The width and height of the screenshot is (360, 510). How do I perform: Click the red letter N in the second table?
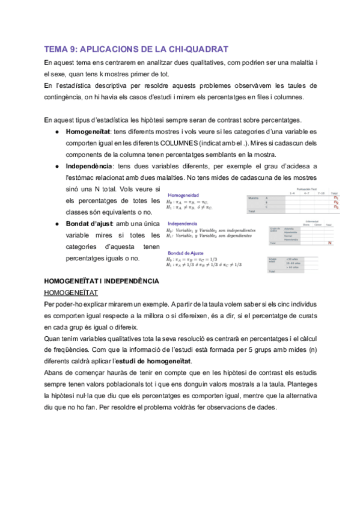pyautogui.click(x=330, y=242)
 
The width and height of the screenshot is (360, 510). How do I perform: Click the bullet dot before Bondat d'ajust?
pyautogui.click(x=55, y=223)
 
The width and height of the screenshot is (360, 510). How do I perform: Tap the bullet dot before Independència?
pyautogui.click(x=55, y=165)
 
